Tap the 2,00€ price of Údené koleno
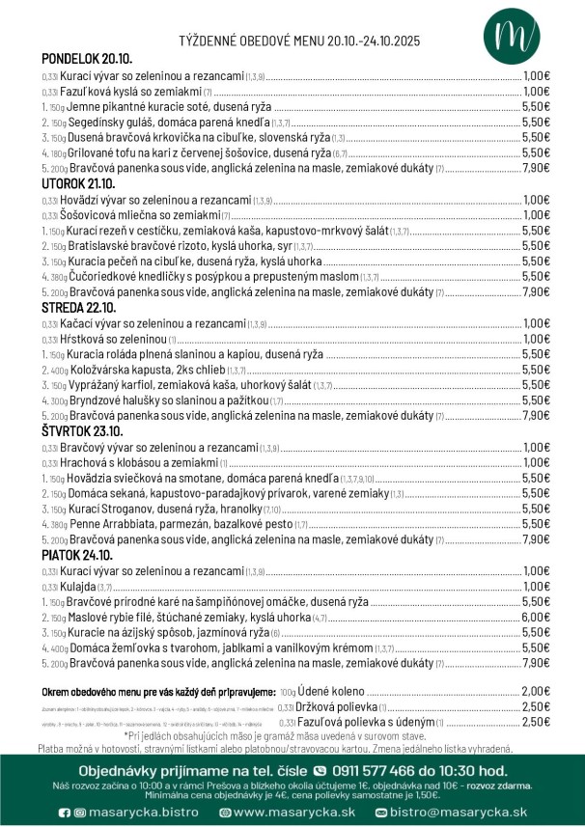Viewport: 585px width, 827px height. coord(536,691)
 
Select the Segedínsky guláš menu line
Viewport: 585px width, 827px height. coord(164,122)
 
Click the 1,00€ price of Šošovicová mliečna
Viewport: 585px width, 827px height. coord(536,215)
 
